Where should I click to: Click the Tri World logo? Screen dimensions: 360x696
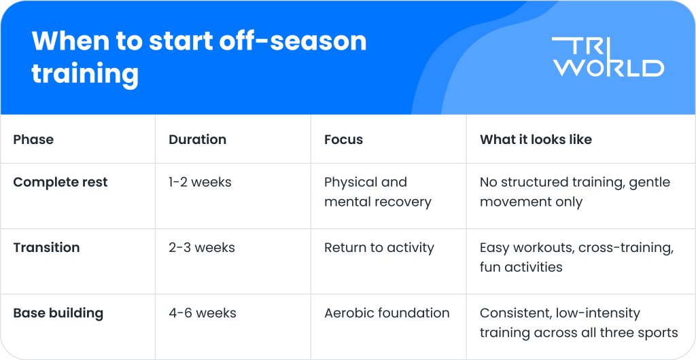tap(608, 57)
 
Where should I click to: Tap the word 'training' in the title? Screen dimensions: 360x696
tap(85, 73)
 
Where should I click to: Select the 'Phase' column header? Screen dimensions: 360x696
tap(33, 139)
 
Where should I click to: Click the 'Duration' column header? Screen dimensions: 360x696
tap(197, 139)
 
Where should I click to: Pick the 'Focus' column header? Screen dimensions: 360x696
tap(343, 139)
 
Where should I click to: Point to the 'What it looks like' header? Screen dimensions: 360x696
tap(536, 139)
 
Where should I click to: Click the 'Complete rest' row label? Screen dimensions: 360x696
tap(60, 182)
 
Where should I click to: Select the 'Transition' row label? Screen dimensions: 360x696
tap(46, 247)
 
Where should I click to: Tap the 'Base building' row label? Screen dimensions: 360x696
tap(58, 313)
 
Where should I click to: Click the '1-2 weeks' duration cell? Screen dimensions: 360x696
tap(200, 182)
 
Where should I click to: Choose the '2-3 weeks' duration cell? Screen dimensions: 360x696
tap(202, 247)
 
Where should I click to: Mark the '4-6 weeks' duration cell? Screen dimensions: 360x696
tap(203, 313)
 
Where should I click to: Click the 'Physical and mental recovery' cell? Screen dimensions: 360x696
tap(377, 192)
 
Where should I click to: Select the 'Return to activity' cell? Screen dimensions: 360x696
tap(379, 247)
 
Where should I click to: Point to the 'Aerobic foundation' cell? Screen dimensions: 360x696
tap(387, 313)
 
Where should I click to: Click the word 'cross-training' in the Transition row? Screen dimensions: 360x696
tap(626, 247)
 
